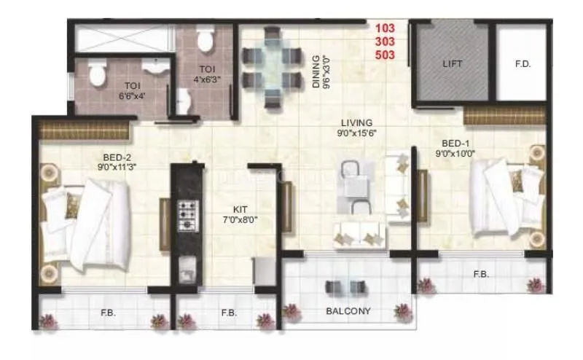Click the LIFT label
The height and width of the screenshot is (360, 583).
453,63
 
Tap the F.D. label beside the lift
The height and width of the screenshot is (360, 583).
522,63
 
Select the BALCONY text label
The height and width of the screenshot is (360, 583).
349,311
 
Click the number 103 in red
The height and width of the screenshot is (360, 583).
386,28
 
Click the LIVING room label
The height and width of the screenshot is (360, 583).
355,122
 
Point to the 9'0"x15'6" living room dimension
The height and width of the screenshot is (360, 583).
356,133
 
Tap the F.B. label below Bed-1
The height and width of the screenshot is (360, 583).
480,275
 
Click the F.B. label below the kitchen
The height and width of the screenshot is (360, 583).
228,313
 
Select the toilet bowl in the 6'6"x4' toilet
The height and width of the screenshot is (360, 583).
95,72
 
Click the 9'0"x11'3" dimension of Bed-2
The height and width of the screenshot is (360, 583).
116,166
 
